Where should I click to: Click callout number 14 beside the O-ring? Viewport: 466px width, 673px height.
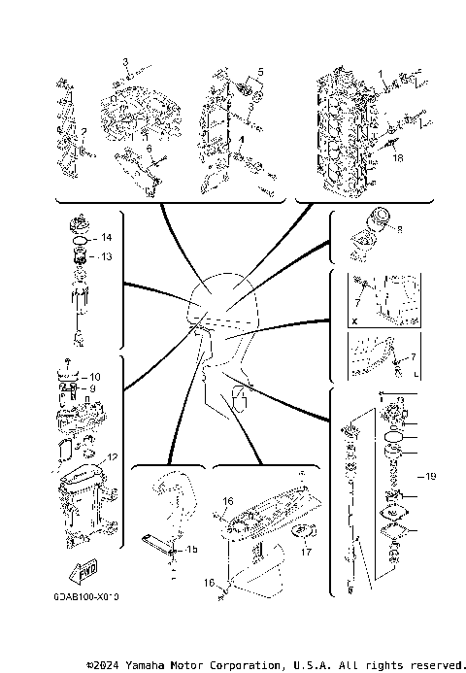pyautogui.click(x=107, y=238)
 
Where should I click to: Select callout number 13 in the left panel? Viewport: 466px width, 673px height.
pyautogui.click(x=107, y=256)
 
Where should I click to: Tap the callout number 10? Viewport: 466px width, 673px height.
pyautogui.click(x=94, y=376)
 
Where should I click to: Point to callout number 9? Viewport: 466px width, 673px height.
pyautogui.click(x=94, y=388)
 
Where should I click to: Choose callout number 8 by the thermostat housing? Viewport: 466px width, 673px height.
pyautogui.click(x=399, y=230)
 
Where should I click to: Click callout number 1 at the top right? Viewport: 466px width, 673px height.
pyautogui.click(x=382, y=74)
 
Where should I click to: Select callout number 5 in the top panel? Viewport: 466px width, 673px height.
pyautogui.click(x=259, y=73)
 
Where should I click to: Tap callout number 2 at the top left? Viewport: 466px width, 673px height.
pyautogui.click(x=84, y=131)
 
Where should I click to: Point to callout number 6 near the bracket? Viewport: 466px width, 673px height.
pyautogui.click(x=149, y=149)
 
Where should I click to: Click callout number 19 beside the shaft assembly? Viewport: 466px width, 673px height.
pyautogui.click(x=432, y=476)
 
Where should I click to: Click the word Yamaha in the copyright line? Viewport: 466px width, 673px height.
pyautogui.click(x=171, y=665)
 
